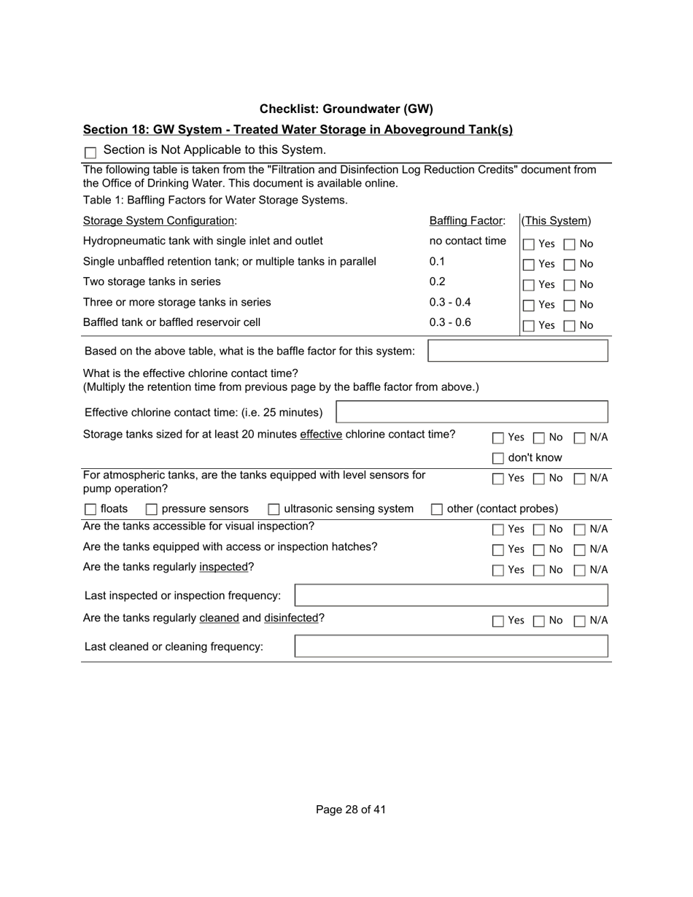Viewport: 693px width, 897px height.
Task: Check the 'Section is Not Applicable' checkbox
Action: point(90,152)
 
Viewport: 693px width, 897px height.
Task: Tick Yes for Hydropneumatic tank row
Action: point(529,244)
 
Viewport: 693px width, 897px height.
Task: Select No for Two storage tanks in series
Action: point(570,285)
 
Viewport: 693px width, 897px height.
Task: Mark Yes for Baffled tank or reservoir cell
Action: point(529,326)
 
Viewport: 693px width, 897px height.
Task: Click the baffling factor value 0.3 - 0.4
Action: point(450,302)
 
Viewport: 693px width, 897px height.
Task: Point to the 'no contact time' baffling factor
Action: point(468,241)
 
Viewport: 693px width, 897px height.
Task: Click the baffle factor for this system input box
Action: point(517,351)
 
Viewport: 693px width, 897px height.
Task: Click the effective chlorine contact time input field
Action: point(471,412)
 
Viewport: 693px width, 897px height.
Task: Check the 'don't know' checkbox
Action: point(498,458)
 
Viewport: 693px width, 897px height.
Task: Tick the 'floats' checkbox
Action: point(90,509)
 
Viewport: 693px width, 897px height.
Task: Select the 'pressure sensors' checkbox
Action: point(152,509)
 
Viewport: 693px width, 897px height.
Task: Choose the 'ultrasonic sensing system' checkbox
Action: point(274,509)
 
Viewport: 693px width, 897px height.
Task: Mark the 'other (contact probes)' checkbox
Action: point(437,509)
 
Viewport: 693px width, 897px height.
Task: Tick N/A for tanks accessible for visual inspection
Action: point(580,529)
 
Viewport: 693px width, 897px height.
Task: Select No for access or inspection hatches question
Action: point(539,550)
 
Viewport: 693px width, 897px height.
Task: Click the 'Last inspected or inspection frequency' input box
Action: point(451,595)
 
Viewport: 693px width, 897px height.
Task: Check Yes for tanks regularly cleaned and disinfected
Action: point(498,621)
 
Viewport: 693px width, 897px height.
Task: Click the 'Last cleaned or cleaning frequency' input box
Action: point(451,646)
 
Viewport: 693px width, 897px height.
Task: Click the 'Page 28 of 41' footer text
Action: point(351,809)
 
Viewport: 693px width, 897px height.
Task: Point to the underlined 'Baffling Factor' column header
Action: point(467,221)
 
